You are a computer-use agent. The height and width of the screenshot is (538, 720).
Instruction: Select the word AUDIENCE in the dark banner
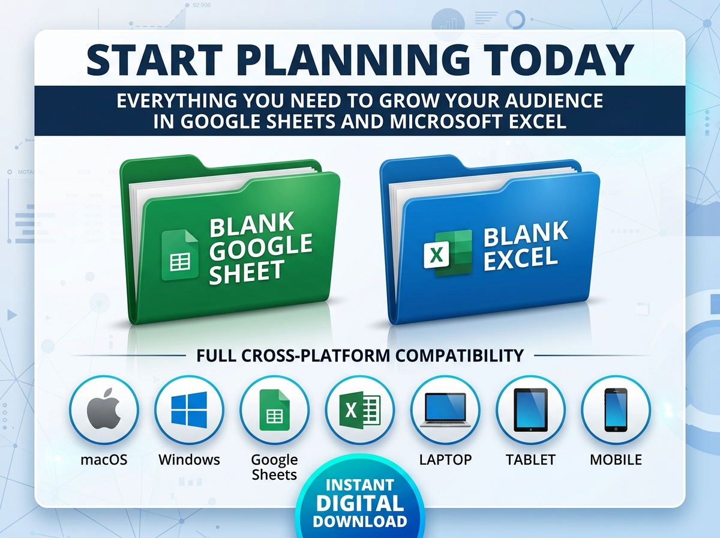point(554,100)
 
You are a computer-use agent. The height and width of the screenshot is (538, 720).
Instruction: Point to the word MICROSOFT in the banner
point(446,121)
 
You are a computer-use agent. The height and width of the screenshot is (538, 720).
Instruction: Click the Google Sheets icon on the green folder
point(180,255)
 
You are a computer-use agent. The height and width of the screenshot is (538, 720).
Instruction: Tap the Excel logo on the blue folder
point(448,252)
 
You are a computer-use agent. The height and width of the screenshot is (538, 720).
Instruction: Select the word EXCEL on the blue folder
point(521,259)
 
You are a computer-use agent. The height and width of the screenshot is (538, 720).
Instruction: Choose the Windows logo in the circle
point(189,410)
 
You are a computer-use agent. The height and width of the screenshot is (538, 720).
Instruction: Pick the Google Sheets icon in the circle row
point(275,410)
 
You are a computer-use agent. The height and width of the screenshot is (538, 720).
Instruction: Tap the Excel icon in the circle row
point(359,410)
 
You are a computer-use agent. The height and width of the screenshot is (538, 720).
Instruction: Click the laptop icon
point(445,410)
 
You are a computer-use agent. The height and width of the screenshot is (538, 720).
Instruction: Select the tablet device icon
point(530,410)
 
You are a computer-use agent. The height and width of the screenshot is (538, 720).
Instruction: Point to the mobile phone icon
point(616,410)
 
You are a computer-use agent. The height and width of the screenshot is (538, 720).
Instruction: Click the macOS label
point(104,459)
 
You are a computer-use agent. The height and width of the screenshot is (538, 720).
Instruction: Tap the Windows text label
point(189,459)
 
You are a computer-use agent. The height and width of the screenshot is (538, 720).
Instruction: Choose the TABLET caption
point(530,459)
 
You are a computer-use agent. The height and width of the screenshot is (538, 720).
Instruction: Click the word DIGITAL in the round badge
point(360,503)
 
